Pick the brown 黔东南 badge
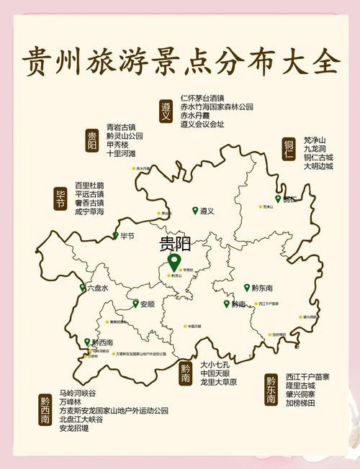click(x=271, y=389)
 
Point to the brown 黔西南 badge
click(x=45, y=410)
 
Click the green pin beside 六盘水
click(x=83, y=288)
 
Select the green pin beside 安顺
click(x=135, y=304)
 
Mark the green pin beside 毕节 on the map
click(x=115, y=235)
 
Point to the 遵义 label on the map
click(x=207, y=211)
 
